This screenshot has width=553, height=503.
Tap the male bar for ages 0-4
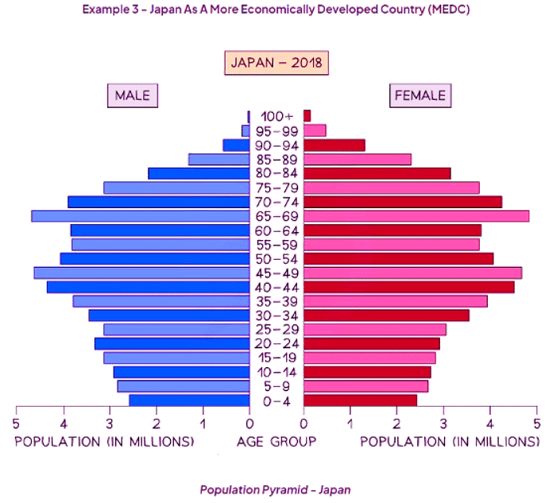(x=190, y=400)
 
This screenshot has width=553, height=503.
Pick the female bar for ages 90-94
(x=335, y=145)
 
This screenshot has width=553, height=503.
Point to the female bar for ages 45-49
(x=412, y=273)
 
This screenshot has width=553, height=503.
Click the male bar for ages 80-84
(x=199, y=174)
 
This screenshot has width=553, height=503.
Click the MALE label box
(x=133, y=95)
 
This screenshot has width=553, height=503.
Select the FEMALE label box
(x=420, y=95)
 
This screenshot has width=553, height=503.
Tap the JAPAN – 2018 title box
(x=276, y=63)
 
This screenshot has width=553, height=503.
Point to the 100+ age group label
(x=276, y=117)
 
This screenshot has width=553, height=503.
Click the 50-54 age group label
(x=276, y=259)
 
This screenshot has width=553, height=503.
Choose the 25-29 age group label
(x=276, y=330)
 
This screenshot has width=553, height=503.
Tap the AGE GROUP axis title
(x=276, y=441)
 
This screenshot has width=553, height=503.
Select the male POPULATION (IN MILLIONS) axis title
(x=104, y=441)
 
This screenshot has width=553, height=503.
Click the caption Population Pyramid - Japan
(x=275, y=489)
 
